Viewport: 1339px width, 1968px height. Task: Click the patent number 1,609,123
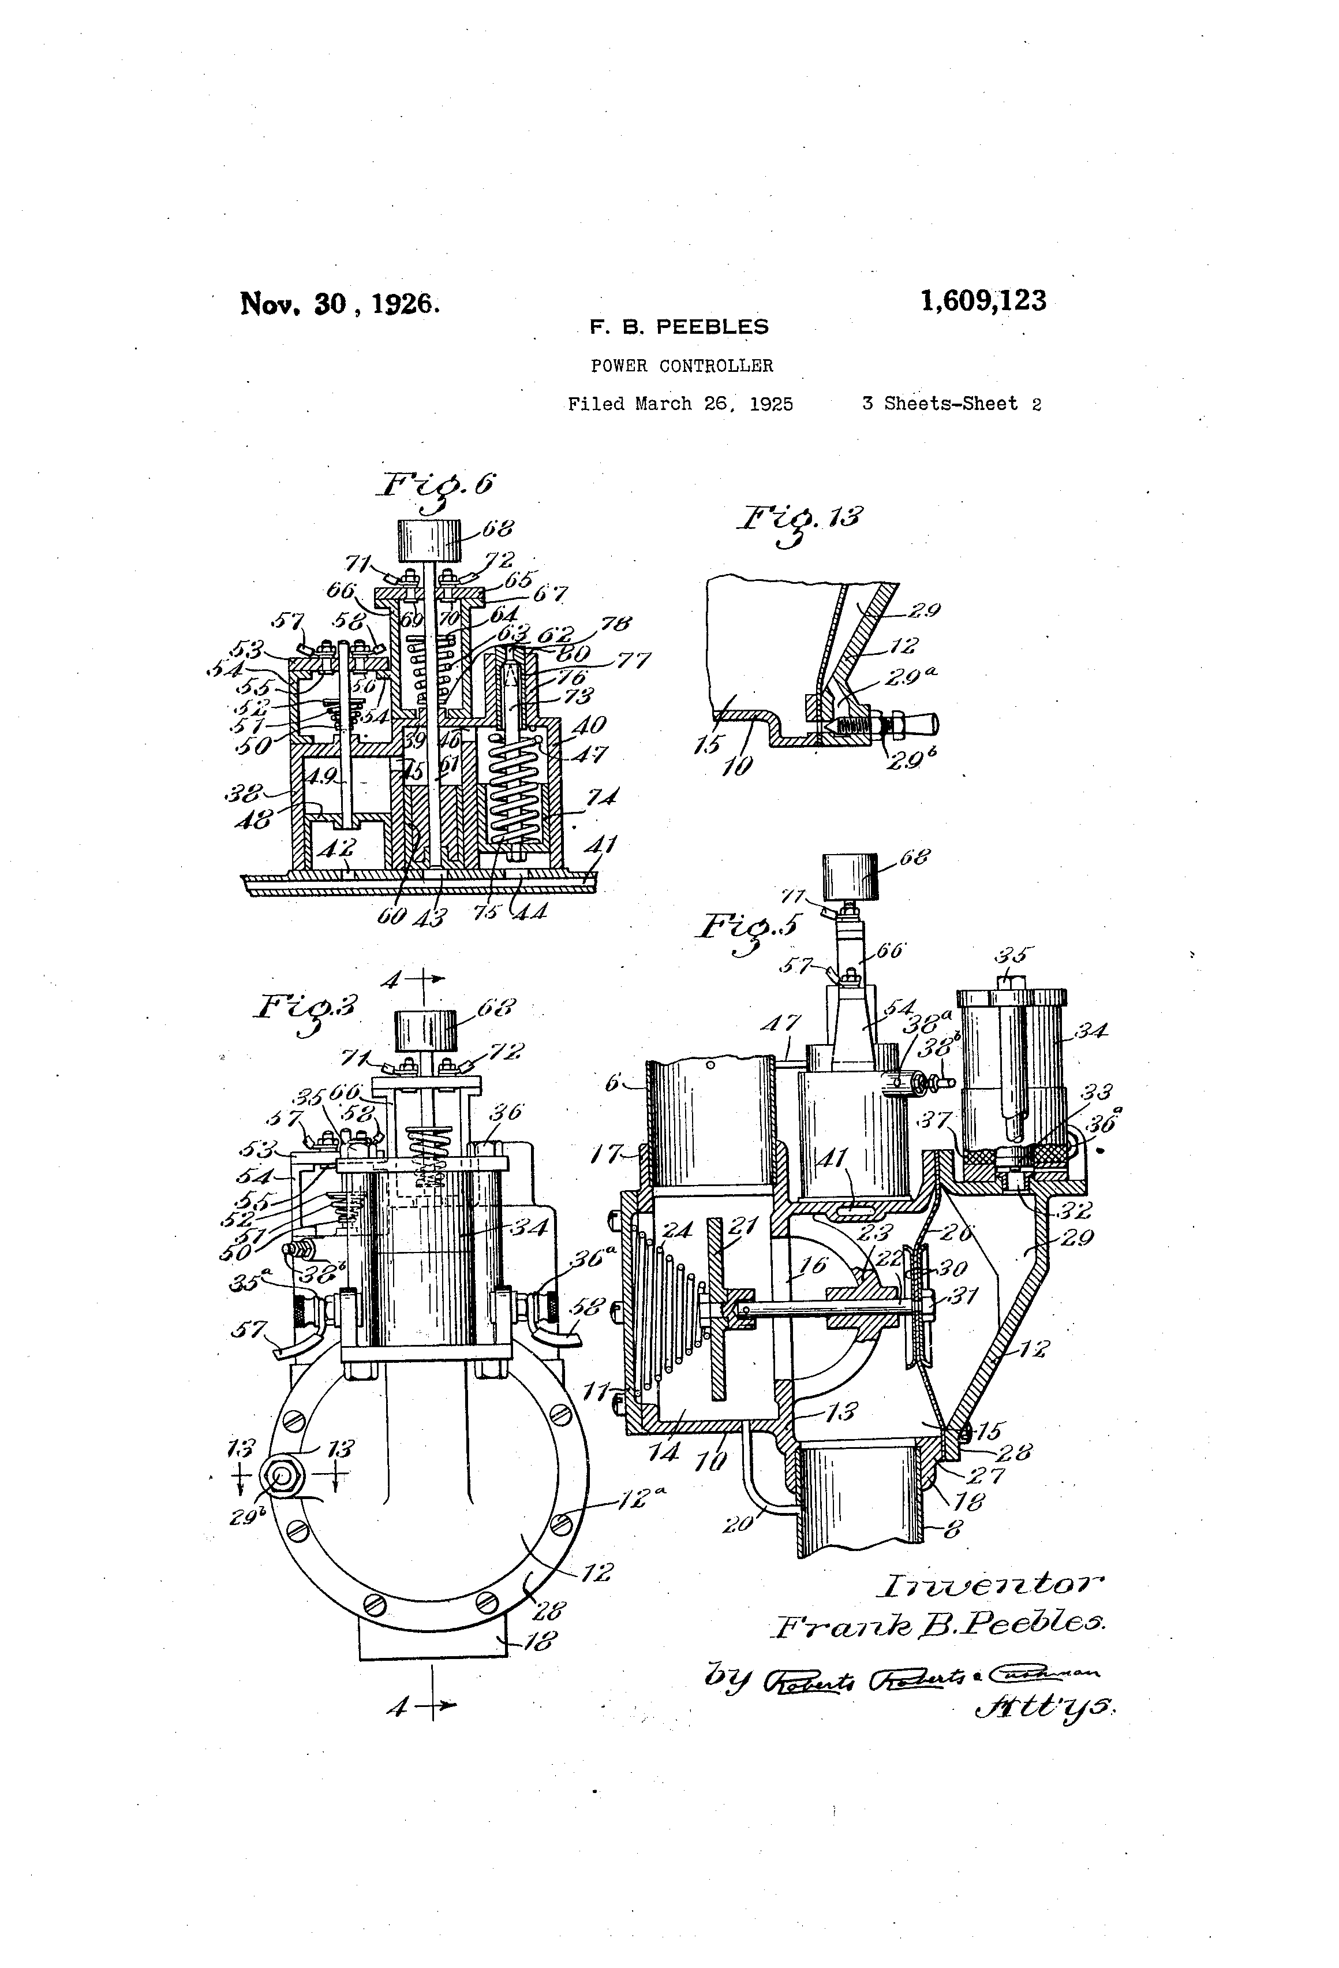pyautogui.click(x=983, y=301)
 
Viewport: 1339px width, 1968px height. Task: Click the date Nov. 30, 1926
pyautogui.click(x=339, y=303)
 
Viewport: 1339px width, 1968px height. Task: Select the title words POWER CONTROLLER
pyautogui.click(x=682, y=366)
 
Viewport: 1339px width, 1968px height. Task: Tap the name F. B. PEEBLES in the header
pyautogui.click(x=679, y=327)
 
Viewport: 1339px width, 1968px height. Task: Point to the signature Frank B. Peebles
pyautogui.click(x=940, y=1624)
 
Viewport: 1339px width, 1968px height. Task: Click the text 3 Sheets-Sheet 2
pyautogui.click(x=951, y=404)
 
